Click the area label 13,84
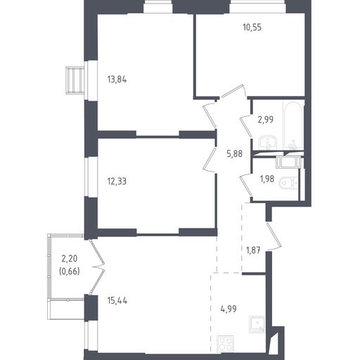click(117, 79)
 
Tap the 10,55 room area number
click(252, 27)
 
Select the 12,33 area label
click(117, 181)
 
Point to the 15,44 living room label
click(117, 300)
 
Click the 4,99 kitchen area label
click(229, 309)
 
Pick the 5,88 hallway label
click(234, 154)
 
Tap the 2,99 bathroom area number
click(266, 120)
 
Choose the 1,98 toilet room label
click(267, 179)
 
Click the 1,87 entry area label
click(253, 250)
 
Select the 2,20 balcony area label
click(70, 259)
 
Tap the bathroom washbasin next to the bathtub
click(268, 143)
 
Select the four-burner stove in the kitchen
click(226, 344)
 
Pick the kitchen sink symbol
click(257, 324)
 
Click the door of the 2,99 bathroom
click(246, 126)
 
